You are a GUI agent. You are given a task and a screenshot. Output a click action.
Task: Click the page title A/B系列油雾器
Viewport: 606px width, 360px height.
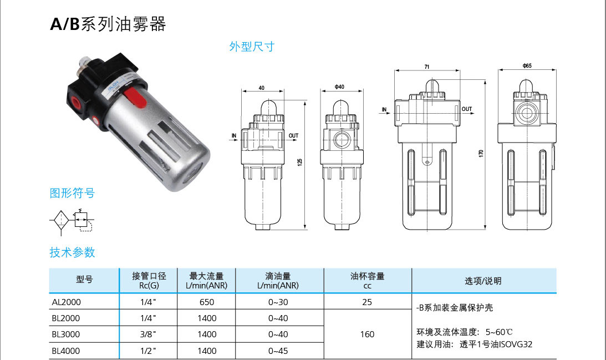108,24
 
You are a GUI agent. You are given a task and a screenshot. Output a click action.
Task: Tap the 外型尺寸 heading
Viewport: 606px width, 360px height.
252,47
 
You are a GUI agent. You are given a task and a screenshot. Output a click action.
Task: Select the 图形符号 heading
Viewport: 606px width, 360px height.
72,193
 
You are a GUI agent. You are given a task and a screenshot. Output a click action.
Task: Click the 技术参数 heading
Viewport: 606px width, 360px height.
72,252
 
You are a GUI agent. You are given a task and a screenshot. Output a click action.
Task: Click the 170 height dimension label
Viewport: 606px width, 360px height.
481,153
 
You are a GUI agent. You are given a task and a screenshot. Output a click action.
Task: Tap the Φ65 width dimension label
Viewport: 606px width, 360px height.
527,66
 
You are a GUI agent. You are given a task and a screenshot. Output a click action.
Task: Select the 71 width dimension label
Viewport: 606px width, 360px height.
427,67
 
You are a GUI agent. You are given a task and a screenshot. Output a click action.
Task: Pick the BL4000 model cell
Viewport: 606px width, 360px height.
66,351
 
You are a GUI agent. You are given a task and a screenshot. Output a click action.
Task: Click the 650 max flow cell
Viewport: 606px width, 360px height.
207,302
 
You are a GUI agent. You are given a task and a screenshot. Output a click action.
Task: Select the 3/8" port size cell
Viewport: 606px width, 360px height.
148,334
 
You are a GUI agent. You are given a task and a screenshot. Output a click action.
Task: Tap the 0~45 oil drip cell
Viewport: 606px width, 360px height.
278,351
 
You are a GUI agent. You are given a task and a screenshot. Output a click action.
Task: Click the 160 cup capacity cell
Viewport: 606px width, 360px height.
367,334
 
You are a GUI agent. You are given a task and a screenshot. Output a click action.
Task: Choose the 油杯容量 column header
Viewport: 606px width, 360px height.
367,280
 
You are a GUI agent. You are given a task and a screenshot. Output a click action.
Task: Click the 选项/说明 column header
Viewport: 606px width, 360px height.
483,281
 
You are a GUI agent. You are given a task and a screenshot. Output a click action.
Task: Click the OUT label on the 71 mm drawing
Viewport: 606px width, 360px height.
467,109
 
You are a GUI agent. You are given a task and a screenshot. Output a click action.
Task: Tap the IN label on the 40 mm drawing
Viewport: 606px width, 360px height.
233,135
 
